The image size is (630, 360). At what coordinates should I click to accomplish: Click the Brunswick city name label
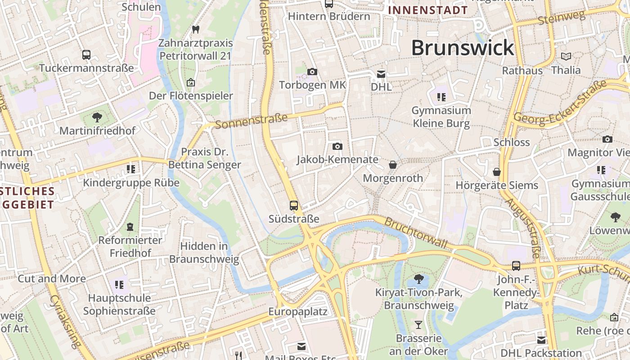[462, 48]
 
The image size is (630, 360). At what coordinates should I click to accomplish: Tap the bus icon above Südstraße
[294, 206]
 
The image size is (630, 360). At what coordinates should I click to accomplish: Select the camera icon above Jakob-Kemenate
[337, 146]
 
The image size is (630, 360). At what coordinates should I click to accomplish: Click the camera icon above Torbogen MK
[312, 72]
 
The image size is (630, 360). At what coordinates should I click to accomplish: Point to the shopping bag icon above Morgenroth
[393, 165]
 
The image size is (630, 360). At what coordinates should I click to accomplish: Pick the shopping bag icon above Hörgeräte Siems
[497, 172]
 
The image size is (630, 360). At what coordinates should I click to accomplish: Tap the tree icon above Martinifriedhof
[97, 118]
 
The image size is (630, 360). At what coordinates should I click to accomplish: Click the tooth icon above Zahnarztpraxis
[195, 30]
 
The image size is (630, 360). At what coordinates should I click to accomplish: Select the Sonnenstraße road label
[251, 121]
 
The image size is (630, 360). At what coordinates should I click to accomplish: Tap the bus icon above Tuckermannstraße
[86, 55]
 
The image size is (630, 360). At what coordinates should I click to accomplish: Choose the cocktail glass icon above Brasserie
[418, 324]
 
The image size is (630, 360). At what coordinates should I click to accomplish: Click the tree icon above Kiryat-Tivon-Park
[418, 279]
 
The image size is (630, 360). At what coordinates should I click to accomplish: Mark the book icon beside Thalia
[566, 57]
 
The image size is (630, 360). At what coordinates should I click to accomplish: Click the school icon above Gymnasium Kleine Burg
[441, 97]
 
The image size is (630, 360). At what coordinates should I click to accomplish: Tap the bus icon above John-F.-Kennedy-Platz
[516, 266]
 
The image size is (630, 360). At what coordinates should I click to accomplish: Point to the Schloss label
[512, 142]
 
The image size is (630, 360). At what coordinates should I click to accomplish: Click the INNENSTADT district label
[428, 10]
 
